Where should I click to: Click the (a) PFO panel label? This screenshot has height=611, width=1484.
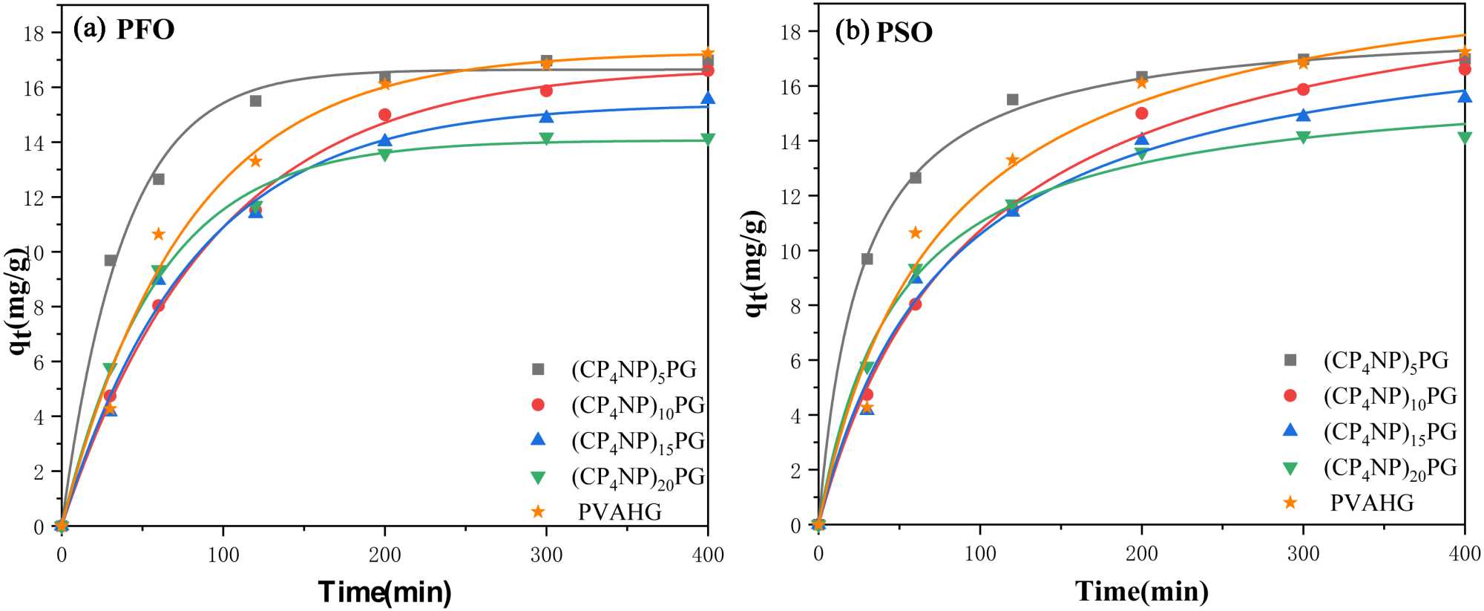123,29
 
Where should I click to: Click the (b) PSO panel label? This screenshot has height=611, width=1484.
884,31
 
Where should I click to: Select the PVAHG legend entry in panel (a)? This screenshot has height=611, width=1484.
619,512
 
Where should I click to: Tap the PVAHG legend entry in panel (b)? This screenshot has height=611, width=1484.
1371,503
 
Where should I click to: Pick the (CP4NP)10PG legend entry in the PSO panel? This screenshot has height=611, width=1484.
1389,396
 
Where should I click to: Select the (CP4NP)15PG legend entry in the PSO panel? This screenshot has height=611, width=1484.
1389,432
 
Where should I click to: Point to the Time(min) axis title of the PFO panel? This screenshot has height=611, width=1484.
384,592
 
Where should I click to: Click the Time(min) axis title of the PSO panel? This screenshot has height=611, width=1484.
1142,591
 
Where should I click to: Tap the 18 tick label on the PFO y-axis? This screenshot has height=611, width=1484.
35,33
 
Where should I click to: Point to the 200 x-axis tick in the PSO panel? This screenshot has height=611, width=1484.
1141,554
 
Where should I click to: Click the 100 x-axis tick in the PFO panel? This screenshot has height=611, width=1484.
223,555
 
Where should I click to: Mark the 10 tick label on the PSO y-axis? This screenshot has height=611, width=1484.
791,251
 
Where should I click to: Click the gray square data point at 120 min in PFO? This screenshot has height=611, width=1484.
255,101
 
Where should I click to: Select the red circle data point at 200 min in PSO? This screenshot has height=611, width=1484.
1141,114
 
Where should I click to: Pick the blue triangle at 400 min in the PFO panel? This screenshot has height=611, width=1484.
708,99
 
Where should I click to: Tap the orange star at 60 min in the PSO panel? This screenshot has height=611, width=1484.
916,233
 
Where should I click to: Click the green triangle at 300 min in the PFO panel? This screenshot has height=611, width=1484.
546,139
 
